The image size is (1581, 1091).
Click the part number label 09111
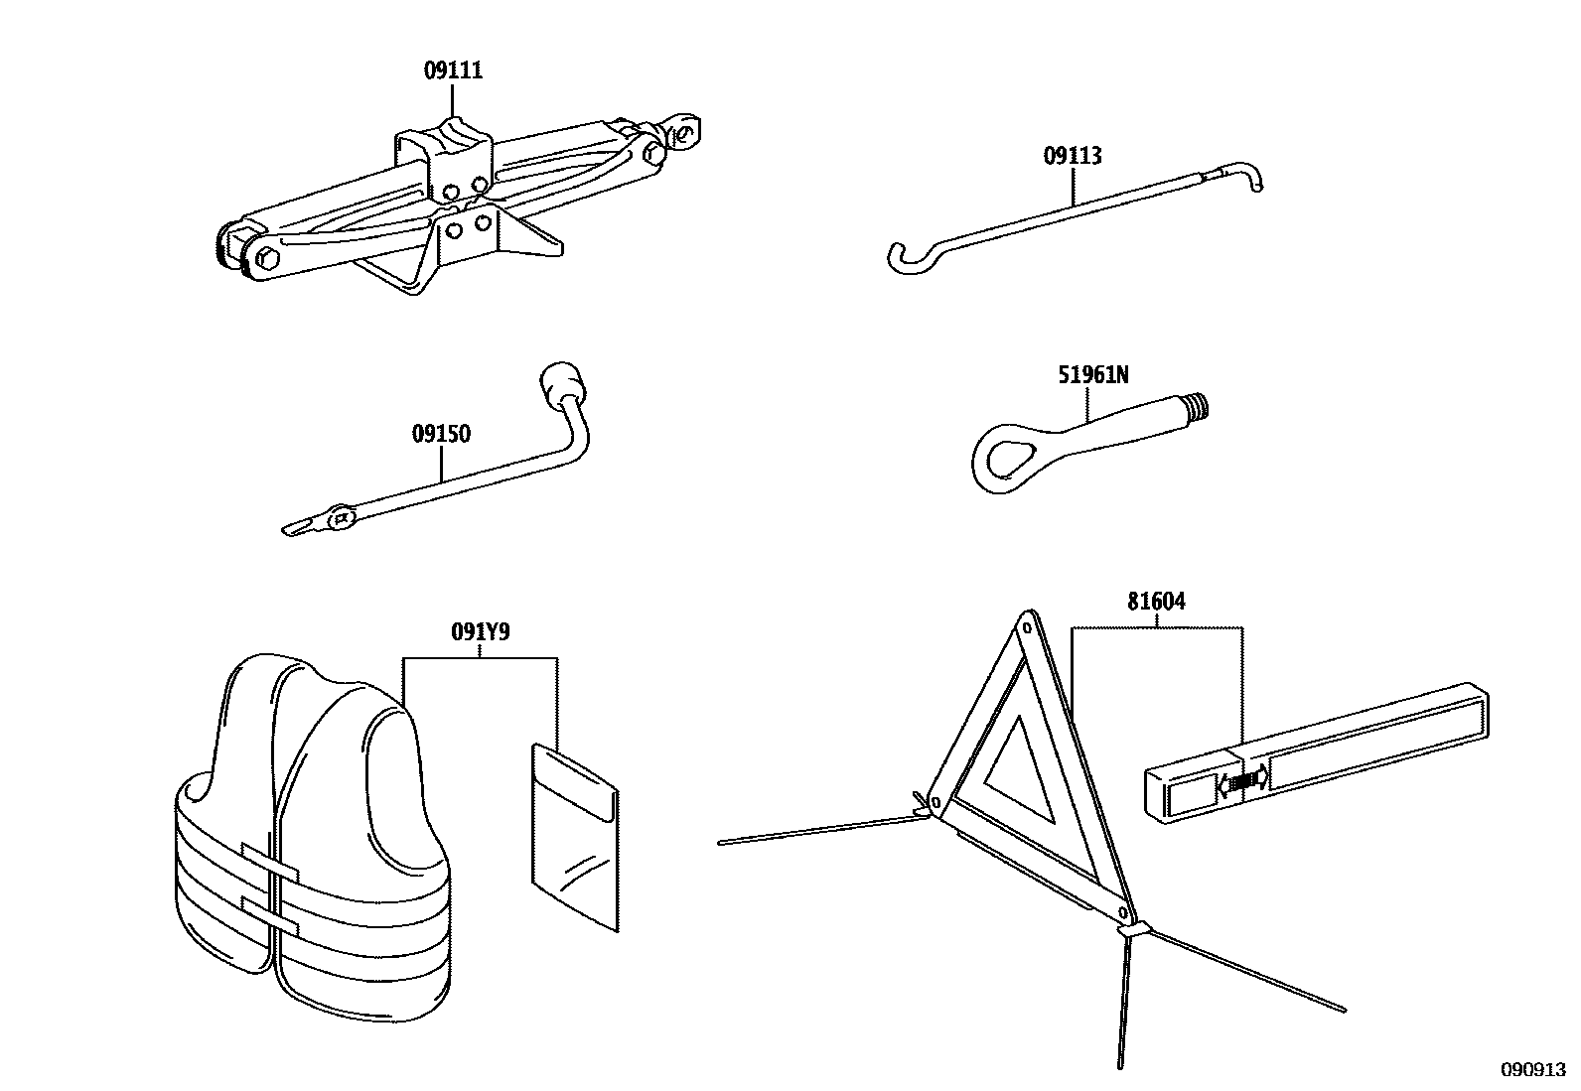[453, 70]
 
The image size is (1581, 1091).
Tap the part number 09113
[1072, 156]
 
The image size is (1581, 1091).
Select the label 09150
[441, 434]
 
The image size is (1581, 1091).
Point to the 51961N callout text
[1091, 375]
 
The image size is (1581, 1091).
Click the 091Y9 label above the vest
[480, 631]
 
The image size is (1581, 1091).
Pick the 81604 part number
[1156, 602]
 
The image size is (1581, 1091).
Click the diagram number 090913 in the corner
[1531, 1071]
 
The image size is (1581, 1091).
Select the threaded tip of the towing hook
[1199, 405]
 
